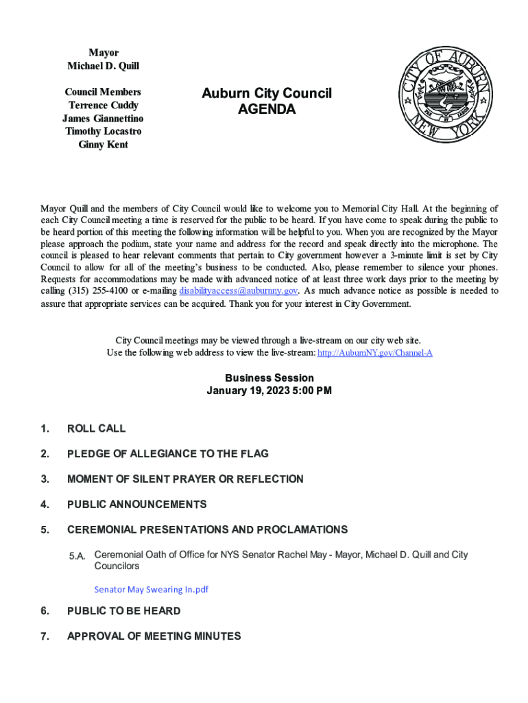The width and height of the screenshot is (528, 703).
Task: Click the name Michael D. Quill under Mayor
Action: click(x=103, y=66)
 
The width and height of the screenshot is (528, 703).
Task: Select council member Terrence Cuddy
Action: click(x=103, y=105)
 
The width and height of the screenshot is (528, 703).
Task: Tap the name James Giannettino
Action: click(x=103, y=118)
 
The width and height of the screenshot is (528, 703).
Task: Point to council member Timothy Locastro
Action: click(x=103, y=131)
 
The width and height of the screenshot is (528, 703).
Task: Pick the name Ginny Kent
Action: click(x=103, y=144)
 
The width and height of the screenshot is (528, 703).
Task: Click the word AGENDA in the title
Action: click(x=267, y=109)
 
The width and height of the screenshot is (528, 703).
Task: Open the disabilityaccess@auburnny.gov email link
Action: click(x=238, y=290)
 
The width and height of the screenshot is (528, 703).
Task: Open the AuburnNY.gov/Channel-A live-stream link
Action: click(x=375, y=353)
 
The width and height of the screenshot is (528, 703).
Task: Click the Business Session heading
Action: click(x=269, y=378)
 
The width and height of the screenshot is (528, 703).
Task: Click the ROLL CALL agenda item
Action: click(x=96, y=428)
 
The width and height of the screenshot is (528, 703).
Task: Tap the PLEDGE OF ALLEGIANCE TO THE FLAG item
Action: click(x=167, y=454)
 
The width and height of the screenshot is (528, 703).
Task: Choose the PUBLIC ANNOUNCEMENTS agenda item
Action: click(x=136, y=505)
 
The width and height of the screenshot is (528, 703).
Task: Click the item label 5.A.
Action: click(x=77, y=555)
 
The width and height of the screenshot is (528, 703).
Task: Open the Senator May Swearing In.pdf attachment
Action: click(x=151, y=589)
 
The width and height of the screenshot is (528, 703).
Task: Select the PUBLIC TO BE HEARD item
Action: click(x=123, y=611)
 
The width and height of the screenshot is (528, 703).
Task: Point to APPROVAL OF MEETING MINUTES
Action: click(x=154, y=636)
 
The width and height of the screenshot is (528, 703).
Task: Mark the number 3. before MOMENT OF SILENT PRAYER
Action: click(x=45, y=479)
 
